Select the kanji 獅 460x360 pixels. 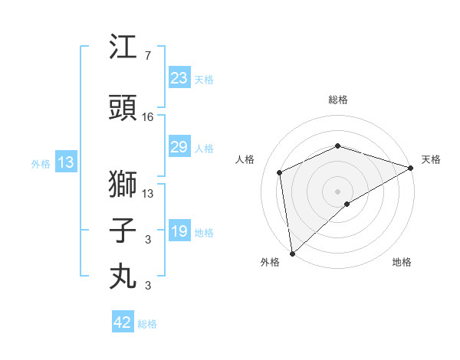tap(123, 185)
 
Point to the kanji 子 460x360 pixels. tap(123, 231)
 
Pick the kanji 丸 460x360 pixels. tap(123, 275)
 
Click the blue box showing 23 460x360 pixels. tap(179, 78)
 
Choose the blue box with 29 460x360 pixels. tap(179, 147)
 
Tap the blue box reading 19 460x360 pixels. tap(179, 231)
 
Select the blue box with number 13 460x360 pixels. tap(65, 162)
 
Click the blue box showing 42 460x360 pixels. tap(122, 322)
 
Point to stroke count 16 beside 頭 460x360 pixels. tap(148, 117)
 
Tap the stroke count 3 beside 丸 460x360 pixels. tap(147, 286)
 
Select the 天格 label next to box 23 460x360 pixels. tap(204, 79)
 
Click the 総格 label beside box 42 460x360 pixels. tap(147, 324)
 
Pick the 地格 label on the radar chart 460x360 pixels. tap(402, 262)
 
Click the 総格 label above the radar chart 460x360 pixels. tap(337, 100)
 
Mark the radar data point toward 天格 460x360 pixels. tap(411, 169)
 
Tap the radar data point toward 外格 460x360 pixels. tap(292, 253)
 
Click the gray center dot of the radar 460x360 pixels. tap(337, 191)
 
